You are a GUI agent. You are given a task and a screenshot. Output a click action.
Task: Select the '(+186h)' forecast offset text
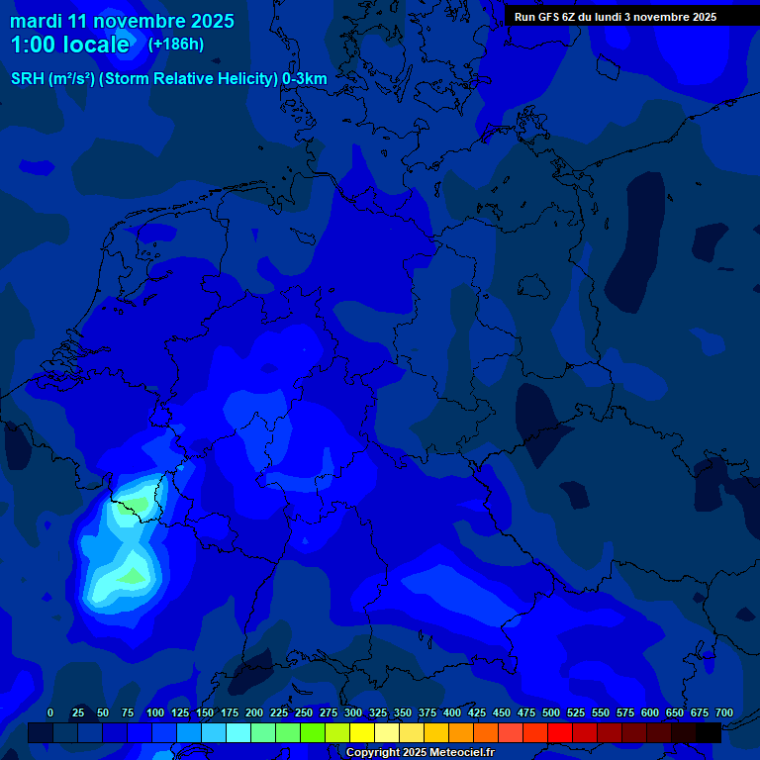click(176, 44)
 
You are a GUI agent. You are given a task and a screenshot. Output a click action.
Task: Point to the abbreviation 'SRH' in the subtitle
click(28, 79)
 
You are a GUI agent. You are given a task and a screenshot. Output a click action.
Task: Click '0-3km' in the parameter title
click(305, 79)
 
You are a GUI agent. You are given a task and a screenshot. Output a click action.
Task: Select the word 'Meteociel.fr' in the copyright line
click(462, 753)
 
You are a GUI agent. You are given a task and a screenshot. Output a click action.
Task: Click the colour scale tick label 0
click(50, 712)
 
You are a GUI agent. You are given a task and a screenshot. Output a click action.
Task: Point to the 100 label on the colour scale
click(155, 712)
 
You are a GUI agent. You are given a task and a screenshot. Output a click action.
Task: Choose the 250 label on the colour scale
click(304, 712)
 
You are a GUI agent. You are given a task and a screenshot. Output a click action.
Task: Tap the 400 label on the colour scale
click(452, 712)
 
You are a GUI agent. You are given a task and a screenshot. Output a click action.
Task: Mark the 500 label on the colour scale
click(551, 712)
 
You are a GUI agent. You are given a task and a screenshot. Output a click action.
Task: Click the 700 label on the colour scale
click(724, 712)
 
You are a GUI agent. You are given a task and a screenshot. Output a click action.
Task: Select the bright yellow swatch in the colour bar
click(362, 732)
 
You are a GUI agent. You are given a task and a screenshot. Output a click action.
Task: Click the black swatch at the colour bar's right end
click(709, 732)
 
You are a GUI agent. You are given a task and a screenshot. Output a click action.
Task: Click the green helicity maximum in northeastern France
click(132, 575)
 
